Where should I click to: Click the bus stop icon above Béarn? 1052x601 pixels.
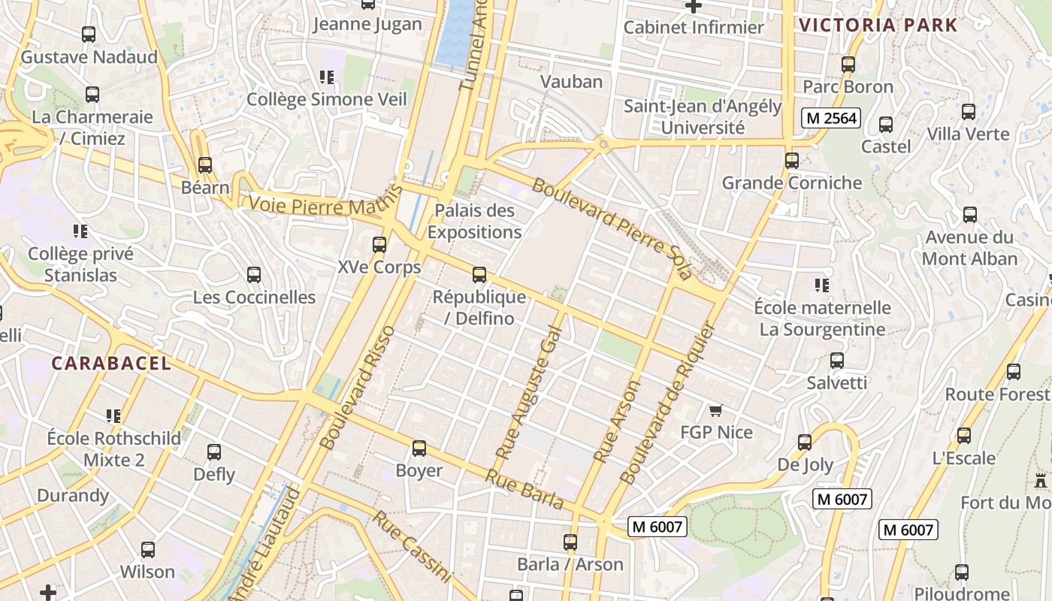tap(205, 165)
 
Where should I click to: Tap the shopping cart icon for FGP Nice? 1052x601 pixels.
tap(715, 410)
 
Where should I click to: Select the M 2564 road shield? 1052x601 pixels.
tap(830, 118)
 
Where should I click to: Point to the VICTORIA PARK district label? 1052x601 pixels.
tap(878, 25)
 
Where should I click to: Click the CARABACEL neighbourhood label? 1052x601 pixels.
tap(111, 364)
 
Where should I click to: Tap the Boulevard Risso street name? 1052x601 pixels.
tap(357, 388)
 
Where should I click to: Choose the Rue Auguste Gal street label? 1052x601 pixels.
tap(529, 392)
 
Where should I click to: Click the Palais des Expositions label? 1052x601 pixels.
tap(474, 222)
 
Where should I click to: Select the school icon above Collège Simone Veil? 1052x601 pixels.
tap(326, 77)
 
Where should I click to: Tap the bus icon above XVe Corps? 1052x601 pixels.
tap(379, 245)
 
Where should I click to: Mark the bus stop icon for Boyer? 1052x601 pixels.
tap(419, 448)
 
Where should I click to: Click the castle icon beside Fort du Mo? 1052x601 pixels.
tap(1041, 481)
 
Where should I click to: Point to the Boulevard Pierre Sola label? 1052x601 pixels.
tap(612, 228)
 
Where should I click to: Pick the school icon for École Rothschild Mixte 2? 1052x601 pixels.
tap(113, 415)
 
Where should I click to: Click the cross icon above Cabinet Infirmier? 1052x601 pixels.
tap(694, 6)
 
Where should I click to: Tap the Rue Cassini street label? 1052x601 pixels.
tap(413, 546)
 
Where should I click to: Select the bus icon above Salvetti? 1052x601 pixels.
tap(837, 361)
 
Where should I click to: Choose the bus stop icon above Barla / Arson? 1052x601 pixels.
tap(570, 542)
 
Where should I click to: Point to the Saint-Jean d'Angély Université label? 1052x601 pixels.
tap(703, 117)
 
